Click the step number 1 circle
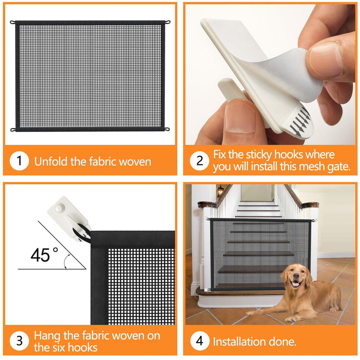tap(19, 161)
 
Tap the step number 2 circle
tap(200, 161)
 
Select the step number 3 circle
tap(19, 341)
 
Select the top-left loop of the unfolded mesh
tap(12, 22)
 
